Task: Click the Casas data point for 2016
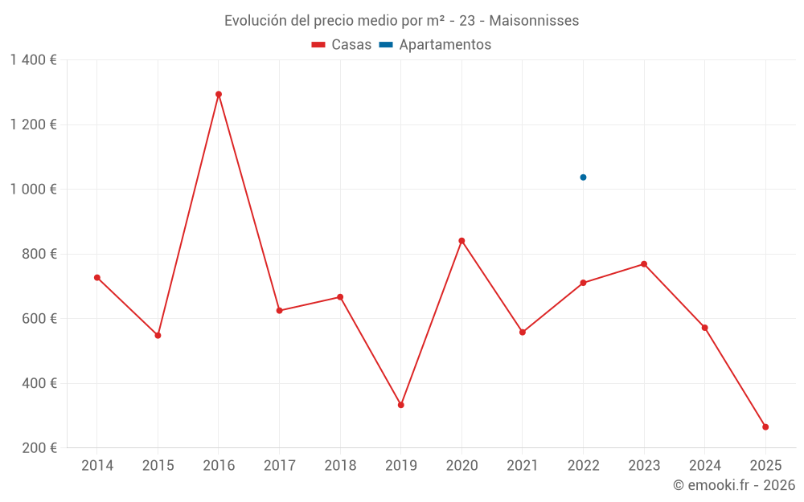pyautogui.click(x=219, y=94)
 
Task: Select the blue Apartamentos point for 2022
pyautogui.click(x=583, y=178)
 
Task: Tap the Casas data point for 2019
pyautogui.click(x=401, y=405)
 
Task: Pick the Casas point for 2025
pyautogui.click(x=765, y=427)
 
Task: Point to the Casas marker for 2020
pyautogui.click(x=461, y=241)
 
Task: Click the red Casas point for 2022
pyautogui.click(x=583, y=283)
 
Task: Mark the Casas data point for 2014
pyautogui.click(x=97, y=278)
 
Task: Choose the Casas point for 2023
pyautogui.click(x=644, y=264)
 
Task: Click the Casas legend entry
pyautogui.click(x=342, y=45)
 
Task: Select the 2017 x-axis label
pyautogui.click(x=279, y=466)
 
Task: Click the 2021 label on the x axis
pyautogui.click(x=523, y=466)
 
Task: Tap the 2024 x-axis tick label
pyautogui.click(x=704, y=466)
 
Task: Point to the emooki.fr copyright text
pyautogui.click(x=734, y=485)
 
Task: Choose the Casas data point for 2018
pyautogui.click(x=340, y=297)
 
